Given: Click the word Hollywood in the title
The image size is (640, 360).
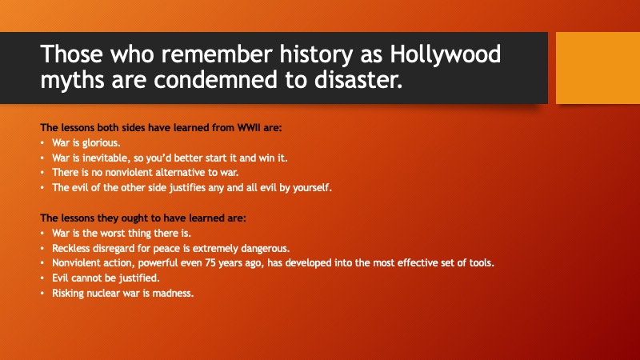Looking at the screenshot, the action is (446, 54).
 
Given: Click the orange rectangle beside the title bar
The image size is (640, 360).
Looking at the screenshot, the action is (598, 68).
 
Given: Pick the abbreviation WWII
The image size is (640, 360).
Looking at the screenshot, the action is (249, 128).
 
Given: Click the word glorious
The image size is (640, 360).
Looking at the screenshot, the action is (102, 143).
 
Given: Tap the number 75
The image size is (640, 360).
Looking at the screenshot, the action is (210, 263).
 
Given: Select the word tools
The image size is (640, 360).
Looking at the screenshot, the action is (482, 263).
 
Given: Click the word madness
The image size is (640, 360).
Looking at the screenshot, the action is (173, 294).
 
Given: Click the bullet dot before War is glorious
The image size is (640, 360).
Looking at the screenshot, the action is (42, 143).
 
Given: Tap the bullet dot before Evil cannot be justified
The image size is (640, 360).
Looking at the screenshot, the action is (42, 278).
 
